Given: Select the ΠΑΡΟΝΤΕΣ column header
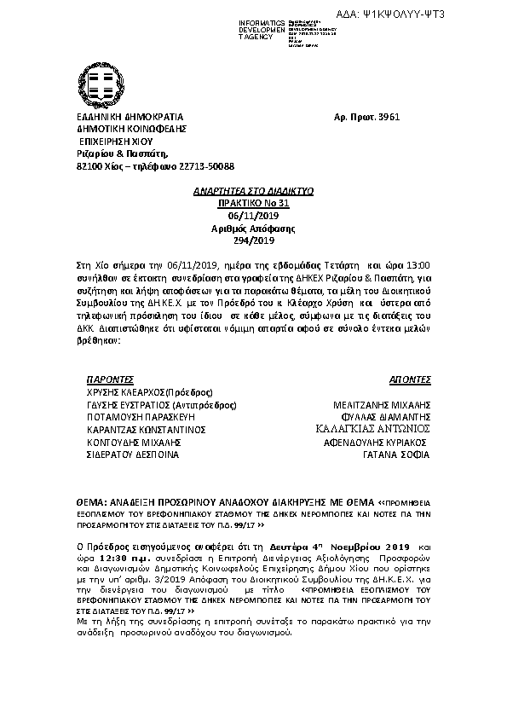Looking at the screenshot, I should [x=111, y=376].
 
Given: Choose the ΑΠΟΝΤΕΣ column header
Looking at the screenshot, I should [x=411, y=376].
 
